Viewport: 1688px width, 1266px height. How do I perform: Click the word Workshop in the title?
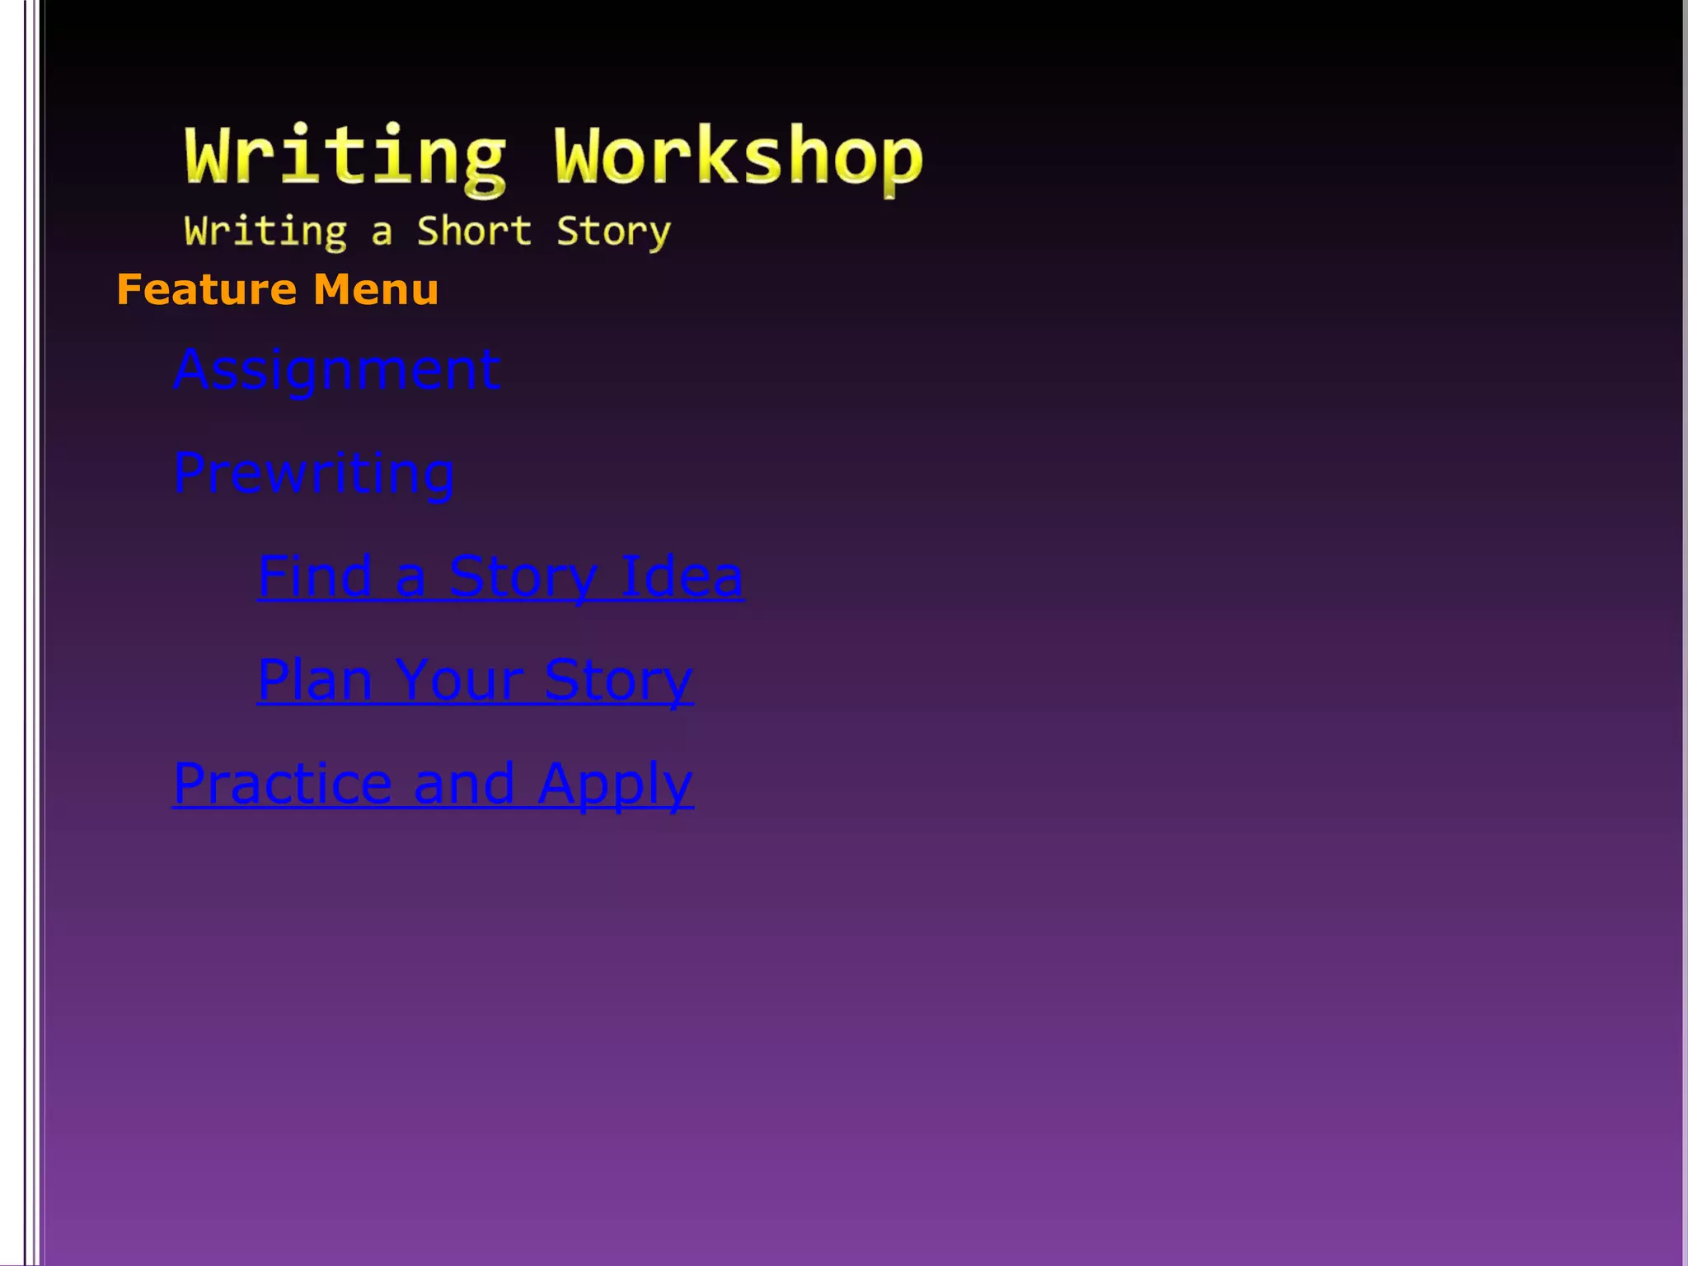(x=738, y=157)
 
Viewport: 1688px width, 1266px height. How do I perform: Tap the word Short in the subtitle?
(x=474, y=231)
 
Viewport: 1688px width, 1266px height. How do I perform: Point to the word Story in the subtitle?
(x=613, y=231)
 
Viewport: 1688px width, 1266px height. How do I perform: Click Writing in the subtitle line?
(x=265, y=231)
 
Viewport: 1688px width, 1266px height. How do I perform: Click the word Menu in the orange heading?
(x=376, y=290)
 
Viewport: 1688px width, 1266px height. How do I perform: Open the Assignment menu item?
(x=336, y=370)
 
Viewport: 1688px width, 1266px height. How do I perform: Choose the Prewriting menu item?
(x=313, y=474)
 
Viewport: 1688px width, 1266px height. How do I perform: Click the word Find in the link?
(x=315, y=576)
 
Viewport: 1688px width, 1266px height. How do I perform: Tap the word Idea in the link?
(x=681, y=576)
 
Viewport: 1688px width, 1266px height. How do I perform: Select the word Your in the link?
(x=458, y=680)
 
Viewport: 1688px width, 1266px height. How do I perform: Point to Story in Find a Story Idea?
(x=523, y=576)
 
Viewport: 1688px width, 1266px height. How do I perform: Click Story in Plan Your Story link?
(x=618, y=680)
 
